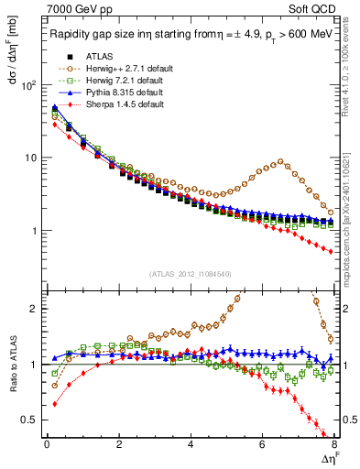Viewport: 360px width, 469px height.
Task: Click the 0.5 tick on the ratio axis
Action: tap(27, 420)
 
